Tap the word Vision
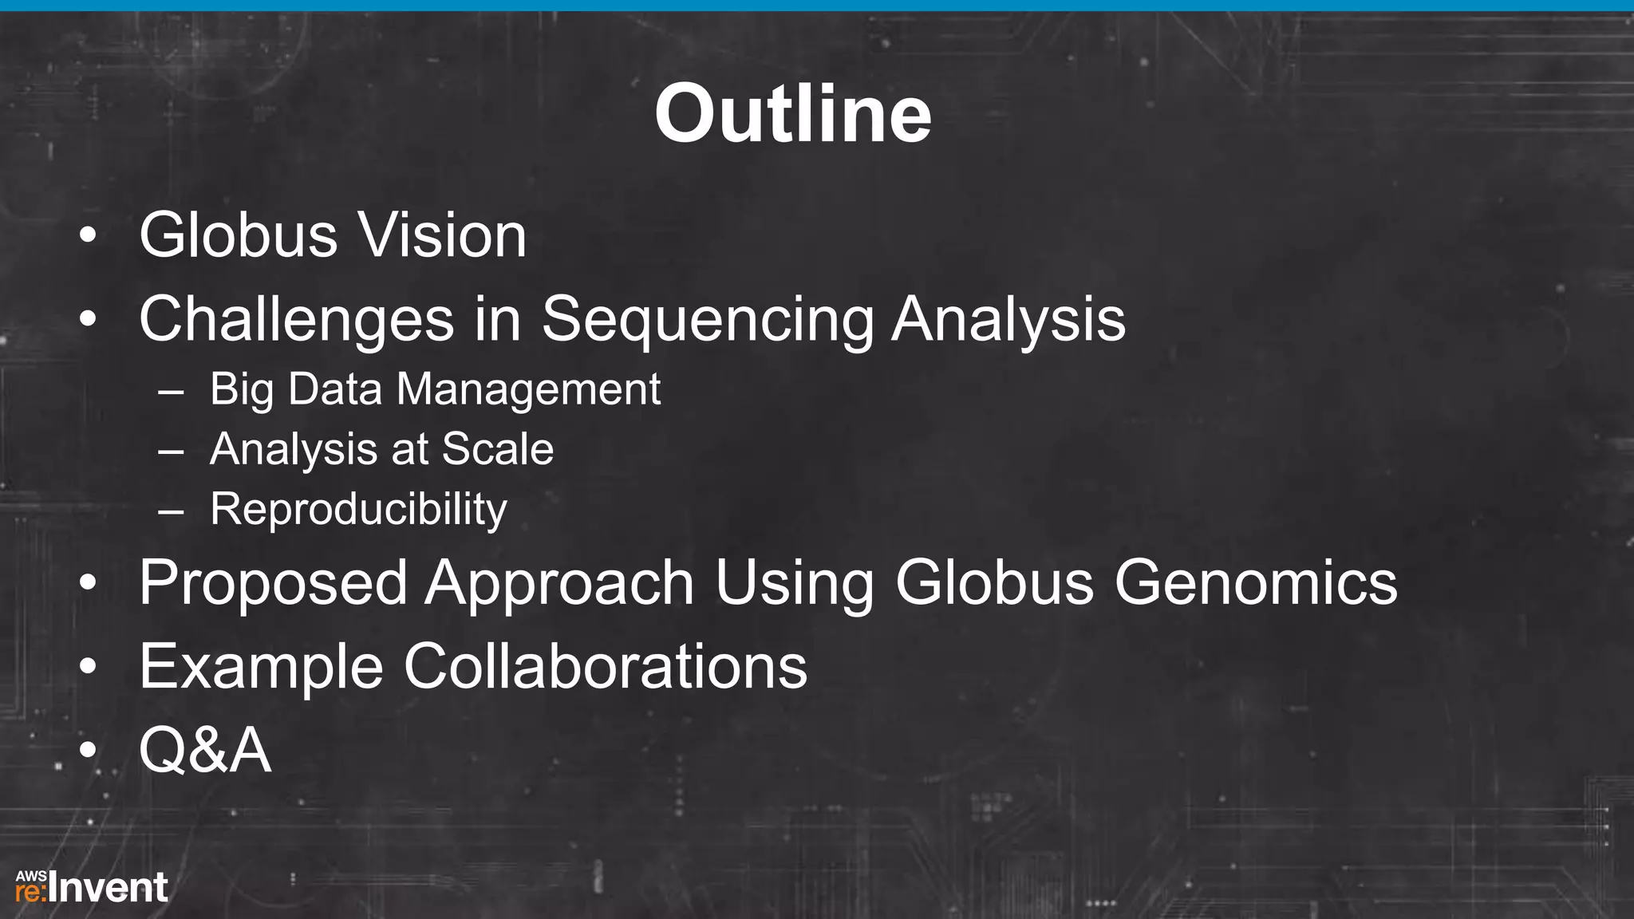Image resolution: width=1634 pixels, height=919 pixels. [x=441, y=235]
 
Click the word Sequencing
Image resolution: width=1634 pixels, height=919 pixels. [x=708, y=319]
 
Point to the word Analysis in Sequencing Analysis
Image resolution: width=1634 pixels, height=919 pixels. [x=1008, y=319]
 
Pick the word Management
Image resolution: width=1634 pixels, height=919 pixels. [x=528, y=390]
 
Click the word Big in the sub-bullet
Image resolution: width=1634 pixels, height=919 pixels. [x=241, y=390]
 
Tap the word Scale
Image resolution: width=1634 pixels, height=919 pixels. [x=497, y=449]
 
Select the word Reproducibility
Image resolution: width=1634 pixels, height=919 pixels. [x=358, y=510]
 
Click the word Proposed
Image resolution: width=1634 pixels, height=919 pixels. [x=273, y=583]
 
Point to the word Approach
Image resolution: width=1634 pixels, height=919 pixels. [x=559, y=583]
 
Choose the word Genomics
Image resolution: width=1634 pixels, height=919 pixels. [x=1255, y=583]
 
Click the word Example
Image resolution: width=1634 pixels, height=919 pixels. [x=261, y=667]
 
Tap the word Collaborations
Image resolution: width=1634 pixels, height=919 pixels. [x=605, y=667]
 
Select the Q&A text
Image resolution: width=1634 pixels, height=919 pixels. [x=205, y=751]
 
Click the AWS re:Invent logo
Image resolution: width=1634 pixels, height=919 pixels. [x=92, y=887]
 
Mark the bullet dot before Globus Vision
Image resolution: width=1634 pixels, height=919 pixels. [x=88, y=236]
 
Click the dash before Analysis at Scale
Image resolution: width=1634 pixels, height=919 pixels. [x=171, y=452]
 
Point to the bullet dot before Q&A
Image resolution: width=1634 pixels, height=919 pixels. [x=88, y=751]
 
